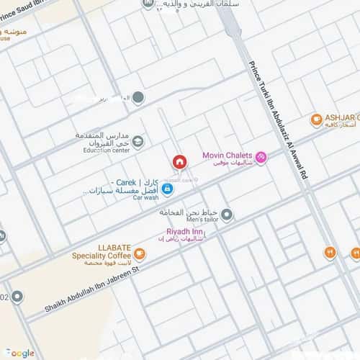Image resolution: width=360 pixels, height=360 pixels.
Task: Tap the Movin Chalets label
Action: (x=227, y=155)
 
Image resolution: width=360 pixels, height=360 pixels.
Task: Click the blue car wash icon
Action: (x=167, y=189)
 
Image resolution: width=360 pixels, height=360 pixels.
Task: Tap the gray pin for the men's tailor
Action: (x=227, y=214)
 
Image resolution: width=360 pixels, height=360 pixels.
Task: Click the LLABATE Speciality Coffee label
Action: (x=100, y=251)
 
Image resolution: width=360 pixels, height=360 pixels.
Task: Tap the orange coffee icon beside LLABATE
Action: (x=139, y=253)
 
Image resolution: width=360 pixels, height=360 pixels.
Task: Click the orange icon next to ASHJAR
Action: (x=315, y=120)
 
